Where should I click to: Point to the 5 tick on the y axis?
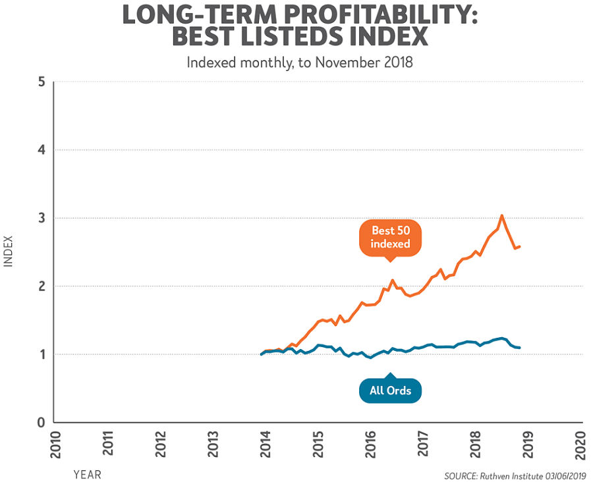click(41, 82)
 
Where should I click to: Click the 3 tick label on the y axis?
click(41, 218)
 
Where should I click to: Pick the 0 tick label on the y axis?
click(41, 422)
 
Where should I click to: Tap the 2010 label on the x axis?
click(54, 444)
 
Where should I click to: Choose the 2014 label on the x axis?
click(264, 444)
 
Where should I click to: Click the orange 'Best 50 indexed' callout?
click(391, 238)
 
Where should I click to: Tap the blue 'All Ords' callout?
click(390, 390)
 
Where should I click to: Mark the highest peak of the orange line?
click(502, 215)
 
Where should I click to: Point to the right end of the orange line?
click(521, 246)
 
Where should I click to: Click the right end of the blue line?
click(521, 348)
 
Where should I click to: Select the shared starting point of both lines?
click(262, 354)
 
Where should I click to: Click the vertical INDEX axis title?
click(9, 252)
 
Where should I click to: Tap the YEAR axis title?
click(87, 473)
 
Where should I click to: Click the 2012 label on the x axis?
click(159, 444)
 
